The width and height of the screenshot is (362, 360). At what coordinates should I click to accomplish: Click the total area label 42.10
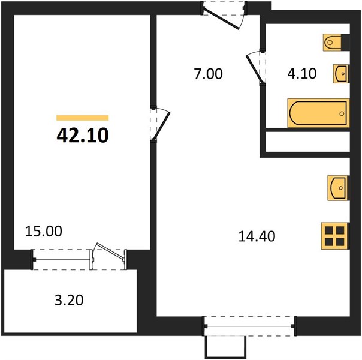(x=83, y=136)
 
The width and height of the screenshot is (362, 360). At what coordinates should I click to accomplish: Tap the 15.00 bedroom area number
(x=44, y=231)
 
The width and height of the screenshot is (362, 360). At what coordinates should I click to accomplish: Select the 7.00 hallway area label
(x=208, y=74)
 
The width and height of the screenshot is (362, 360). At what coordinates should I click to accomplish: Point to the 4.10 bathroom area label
(x=301, y=73)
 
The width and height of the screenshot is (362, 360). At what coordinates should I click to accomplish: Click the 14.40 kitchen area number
(x=257, y=236)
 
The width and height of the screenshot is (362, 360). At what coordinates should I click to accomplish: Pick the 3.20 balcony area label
(x=69, y=301)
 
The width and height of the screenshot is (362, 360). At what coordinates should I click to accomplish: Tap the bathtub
(x=318, y=113)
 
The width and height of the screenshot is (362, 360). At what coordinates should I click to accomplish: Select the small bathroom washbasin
(x=341, y=74)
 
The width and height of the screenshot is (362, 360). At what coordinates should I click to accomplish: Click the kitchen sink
(x=338, y=188)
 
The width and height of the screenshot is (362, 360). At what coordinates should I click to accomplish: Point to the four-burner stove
(x=335, y=236)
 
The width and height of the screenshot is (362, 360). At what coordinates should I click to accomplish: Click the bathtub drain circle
(x=342, y=113)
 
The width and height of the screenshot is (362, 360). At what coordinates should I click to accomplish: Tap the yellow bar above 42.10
(x=83, y=118)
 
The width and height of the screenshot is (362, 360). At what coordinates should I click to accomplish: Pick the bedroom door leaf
(x=162, y=126)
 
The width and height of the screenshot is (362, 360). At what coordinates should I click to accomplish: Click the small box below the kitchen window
(x=225, y=347)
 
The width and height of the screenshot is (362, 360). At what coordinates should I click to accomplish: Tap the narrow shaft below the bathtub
(x=307, y=142)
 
